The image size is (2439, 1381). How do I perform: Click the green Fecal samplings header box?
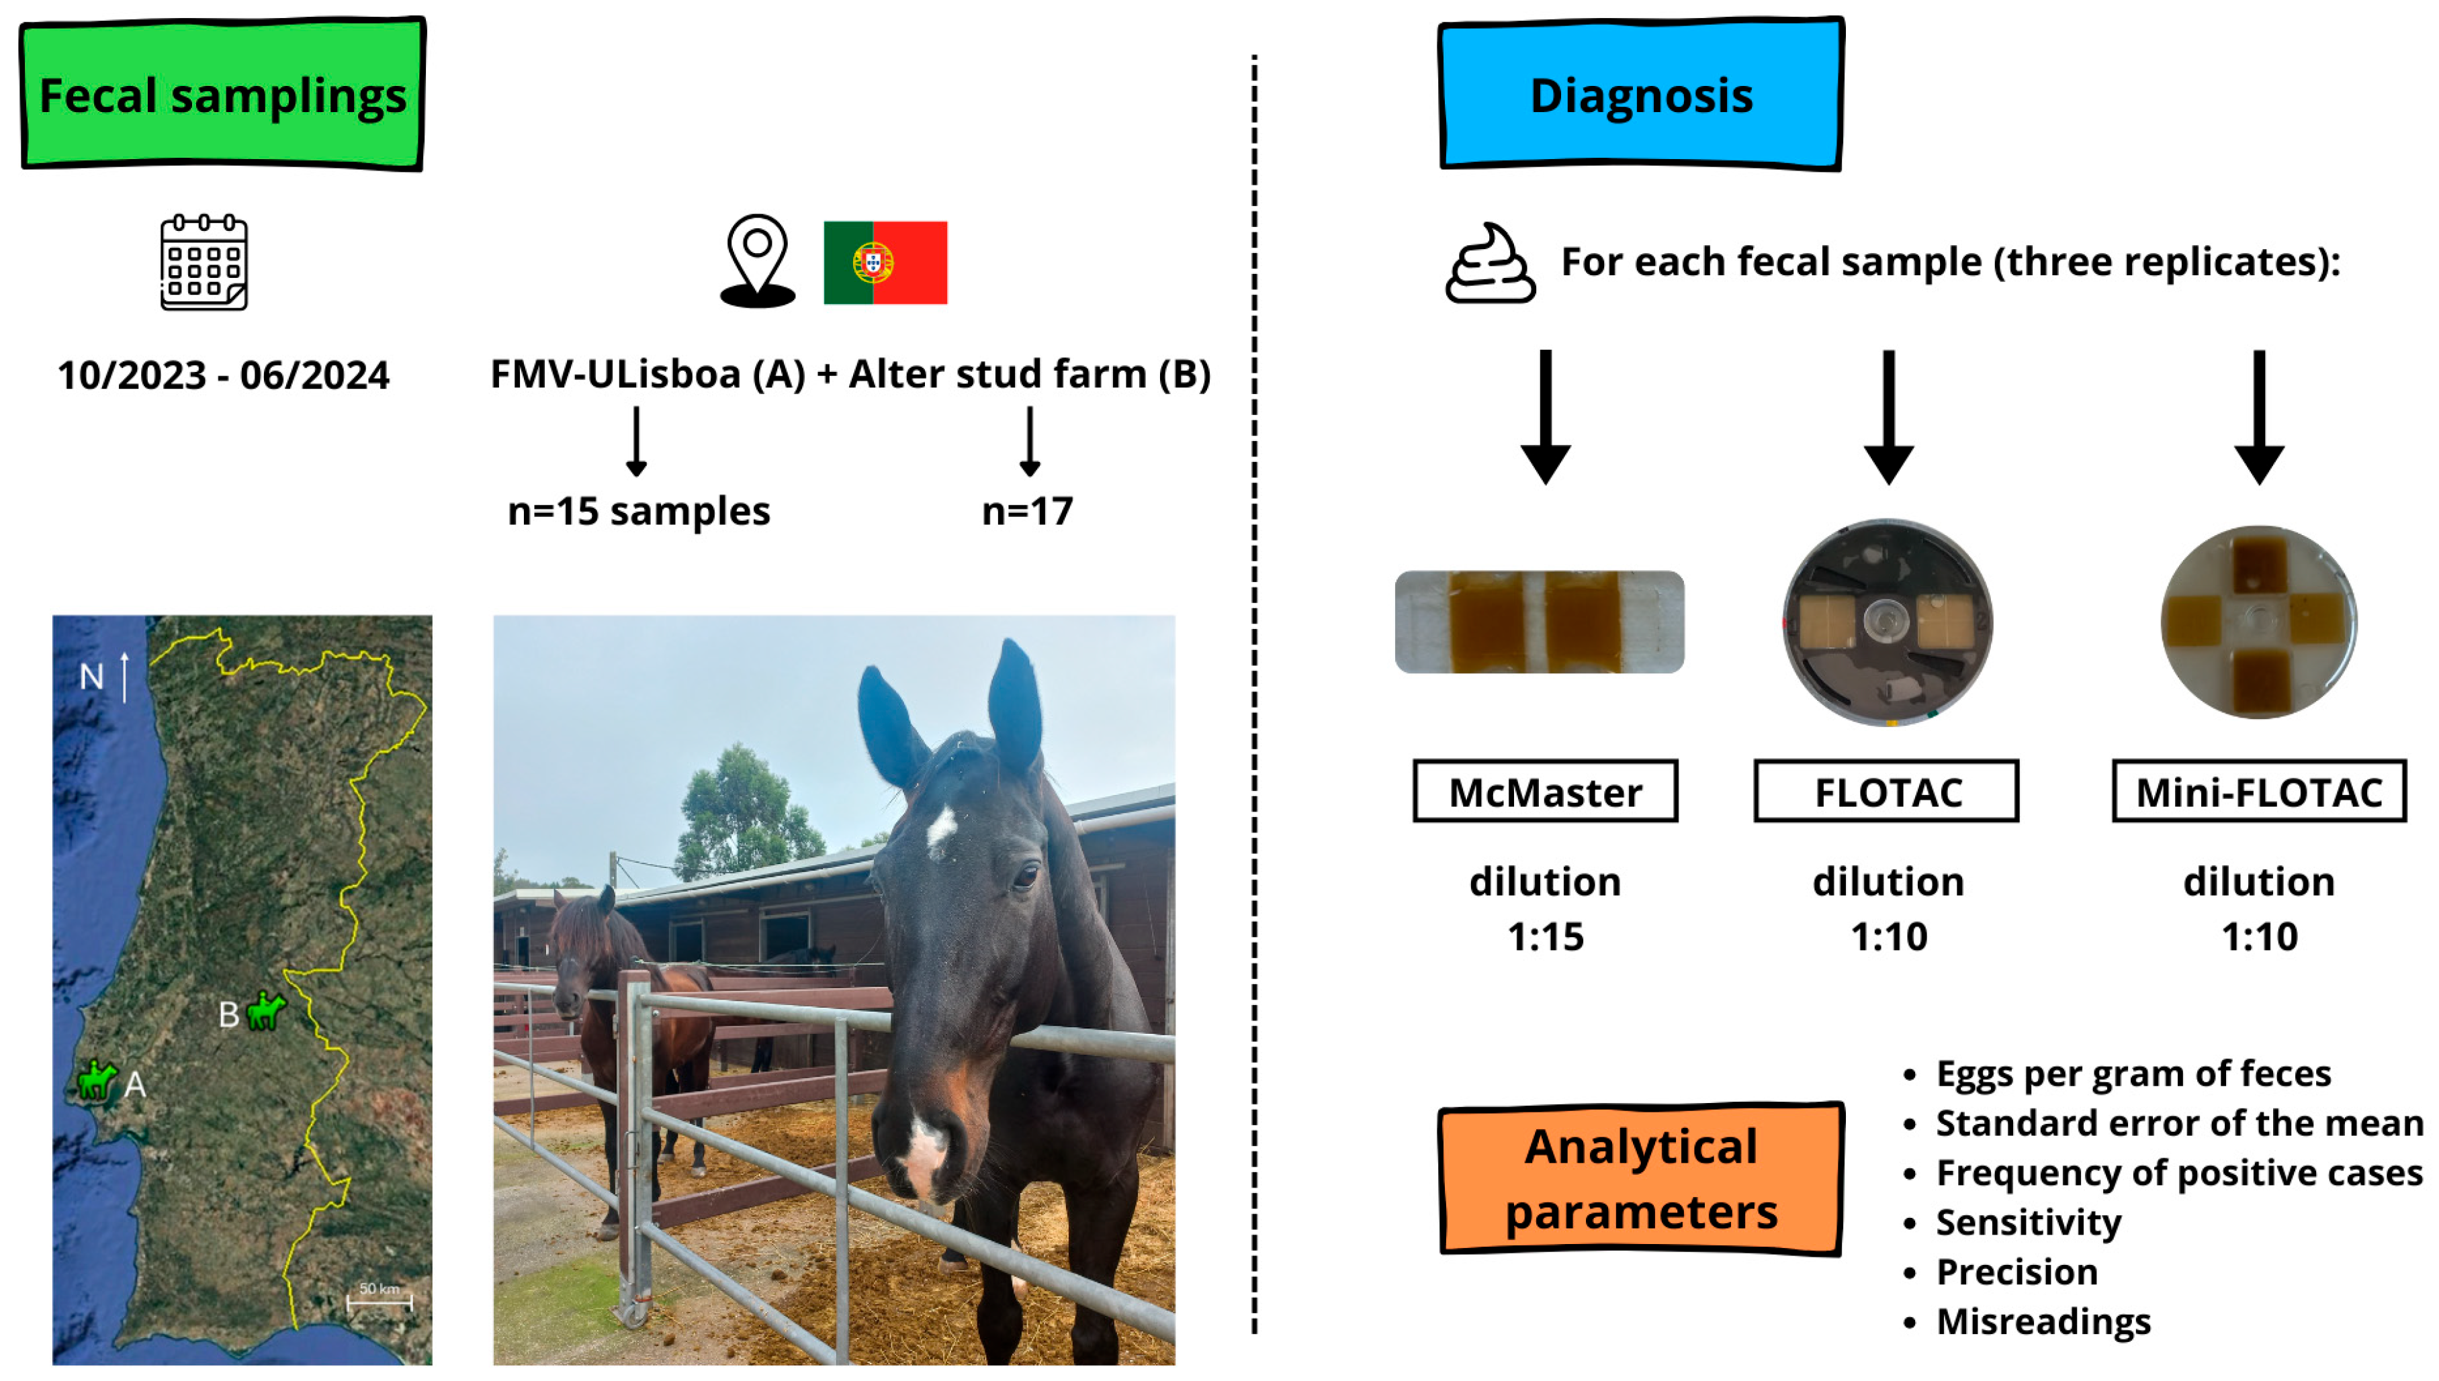[222, 94]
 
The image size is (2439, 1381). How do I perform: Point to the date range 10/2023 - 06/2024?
[223, 375]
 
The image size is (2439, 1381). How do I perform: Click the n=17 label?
[1028, 511]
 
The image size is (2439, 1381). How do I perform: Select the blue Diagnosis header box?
[1640, 94]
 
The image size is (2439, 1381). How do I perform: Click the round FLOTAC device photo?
[1887, 622]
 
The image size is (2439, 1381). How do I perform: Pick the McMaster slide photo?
[1539, 622]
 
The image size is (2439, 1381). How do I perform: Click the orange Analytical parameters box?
[1640, 1178]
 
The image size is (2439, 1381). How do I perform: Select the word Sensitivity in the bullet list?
[2028, 1222]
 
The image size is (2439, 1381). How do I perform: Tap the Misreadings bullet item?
[2043, 1321]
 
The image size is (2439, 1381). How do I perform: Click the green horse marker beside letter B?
[265, 1011]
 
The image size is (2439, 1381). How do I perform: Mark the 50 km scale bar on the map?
[380, 1301]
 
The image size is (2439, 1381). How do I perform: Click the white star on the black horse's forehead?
[940, 829]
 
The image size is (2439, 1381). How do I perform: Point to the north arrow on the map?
[124, 675]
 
